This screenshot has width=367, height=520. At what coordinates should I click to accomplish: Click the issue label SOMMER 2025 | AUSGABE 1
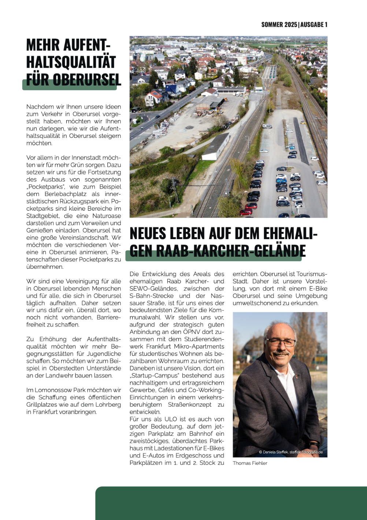tap(294, 25)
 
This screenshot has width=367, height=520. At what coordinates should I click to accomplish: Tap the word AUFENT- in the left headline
tap(86, 45)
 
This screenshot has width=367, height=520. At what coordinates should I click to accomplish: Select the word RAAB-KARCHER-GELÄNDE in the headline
tap(231, 251)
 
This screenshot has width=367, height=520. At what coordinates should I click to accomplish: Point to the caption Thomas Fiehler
tap(250, 463)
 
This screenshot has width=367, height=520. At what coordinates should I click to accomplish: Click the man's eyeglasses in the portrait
tap(281, 343)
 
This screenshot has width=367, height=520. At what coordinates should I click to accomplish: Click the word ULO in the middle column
tap(171, 419)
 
